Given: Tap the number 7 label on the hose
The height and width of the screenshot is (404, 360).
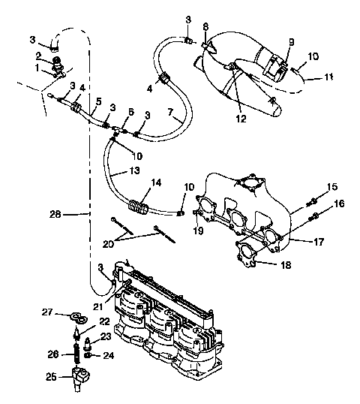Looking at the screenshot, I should pos(172,113).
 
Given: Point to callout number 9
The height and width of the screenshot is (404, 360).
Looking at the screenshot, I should pos(292,41).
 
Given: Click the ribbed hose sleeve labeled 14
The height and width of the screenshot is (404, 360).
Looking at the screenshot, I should pos(137,204).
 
